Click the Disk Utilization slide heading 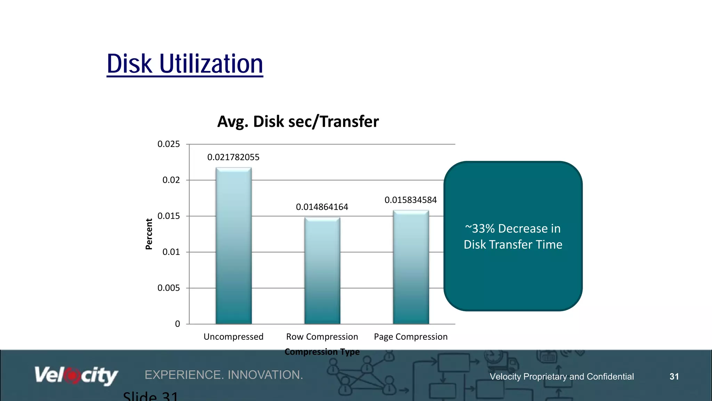(185, 64)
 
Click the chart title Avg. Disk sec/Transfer (298, 121)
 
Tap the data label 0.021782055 (233, 157)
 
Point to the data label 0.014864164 (322, 207)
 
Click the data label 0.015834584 (411, 200)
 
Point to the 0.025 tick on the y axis (169, 144)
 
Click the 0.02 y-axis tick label (171, 180)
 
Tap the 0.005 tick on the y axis (169, 288)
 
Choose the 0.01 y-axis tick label (171, 252)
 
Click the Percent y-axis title (149, 234)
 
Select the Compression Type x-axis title (322, 352)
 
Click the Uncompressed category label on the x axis (233, 337)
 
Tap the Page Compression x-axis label (411, 337)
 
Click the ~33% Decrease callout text (513, 236)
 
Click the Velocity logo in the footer (76, 376)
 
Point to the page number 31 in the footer (674, 377)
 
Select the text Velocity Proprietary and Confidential (561, 377)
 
